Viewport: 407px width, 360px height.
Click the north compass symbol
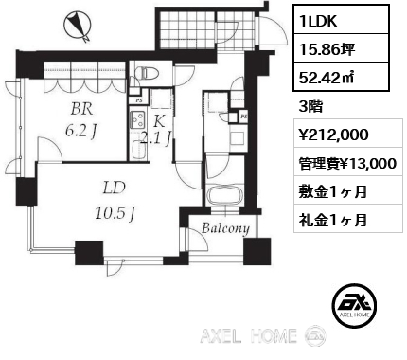(77, 25)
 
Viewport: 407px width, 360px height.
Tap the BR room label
(81, 109)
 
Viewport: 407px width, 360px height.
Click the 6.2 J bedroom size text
(80, 131)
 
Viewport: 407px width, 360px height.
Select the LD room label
(115, 189)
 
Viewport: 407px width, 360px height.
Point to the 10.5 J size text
(115, 214)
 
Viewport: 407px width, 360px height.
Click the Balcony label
(226, 228)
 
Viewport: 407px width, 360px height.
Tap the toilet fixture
(143, 73)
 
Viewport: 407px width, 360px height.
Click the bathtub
(224, 196)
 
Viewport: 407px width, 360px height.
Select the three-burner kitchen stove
(137, 119)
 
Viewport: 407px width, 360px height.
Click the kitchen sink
(137, 150)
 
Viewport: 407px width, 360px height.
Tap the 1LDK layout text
(319, 21)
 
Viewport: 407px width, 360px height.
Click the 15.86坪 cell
(341, 48)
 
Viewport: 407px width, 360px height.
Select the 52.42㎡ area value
(327, 77)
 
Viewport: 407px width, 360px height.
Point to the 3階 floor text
(310, 107)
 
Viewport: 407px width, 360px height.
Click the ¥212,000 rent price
(333, 135)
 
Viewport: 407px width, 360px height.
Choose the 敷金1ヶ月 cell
(348, 190)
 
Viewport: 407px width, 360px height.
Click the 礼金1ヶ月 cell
(348, 219)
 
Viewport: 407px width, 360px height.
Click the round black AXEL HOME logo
(355, 305)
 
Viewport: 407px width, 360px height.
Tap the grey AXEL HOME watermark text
(249, 335)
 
